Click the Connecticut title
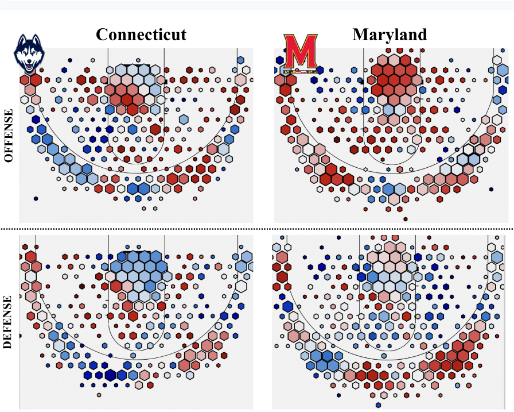141,34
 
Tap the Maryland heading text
390,34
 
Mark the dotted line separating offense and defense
258,229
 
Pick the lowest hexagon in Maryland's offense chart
406,218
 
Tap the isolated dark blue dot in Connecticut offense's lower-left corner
36,199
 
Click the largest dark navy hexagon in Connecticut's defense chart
122,375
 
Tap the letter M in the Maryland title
360,34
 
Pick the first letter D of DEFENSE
9,346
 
